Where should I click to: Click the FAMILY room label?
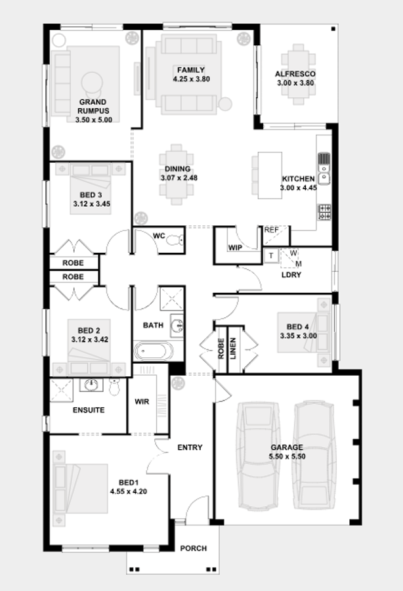pos(191,70)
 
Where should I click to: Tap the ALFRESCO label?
pos(295,74)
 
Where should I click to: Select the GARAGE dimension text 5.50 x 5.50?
pos(287,456)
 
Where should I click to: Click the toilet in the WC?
pos(176,240)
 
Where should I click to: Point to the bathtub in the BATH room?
pos(154,351)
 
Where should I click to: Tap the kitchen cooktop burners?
pos(325,212)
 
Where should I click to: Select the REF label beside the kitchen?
pos(271,230)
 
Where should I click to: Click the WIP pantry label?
pos(235,248)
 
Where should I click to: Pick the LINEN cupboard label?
pos(233,348)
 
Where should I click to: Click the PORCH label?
pos(194,548)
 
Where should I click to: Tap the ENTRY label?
pos(190,447)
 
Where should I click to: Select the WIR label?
pos(142,402)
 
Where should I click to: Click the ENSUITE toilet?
pos(114,387)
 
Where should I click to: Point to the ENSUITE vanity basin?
pos(91,385)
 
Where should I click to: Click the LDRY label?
pos(291,274)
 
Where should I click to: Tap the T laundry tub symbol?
pos(271,255)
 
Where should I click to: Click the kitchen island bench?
pos(270,175)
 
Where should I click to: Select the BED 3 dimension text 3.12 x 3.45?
pos(92,204)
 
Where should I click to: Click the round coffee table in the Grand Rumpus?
pos(91,82)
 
